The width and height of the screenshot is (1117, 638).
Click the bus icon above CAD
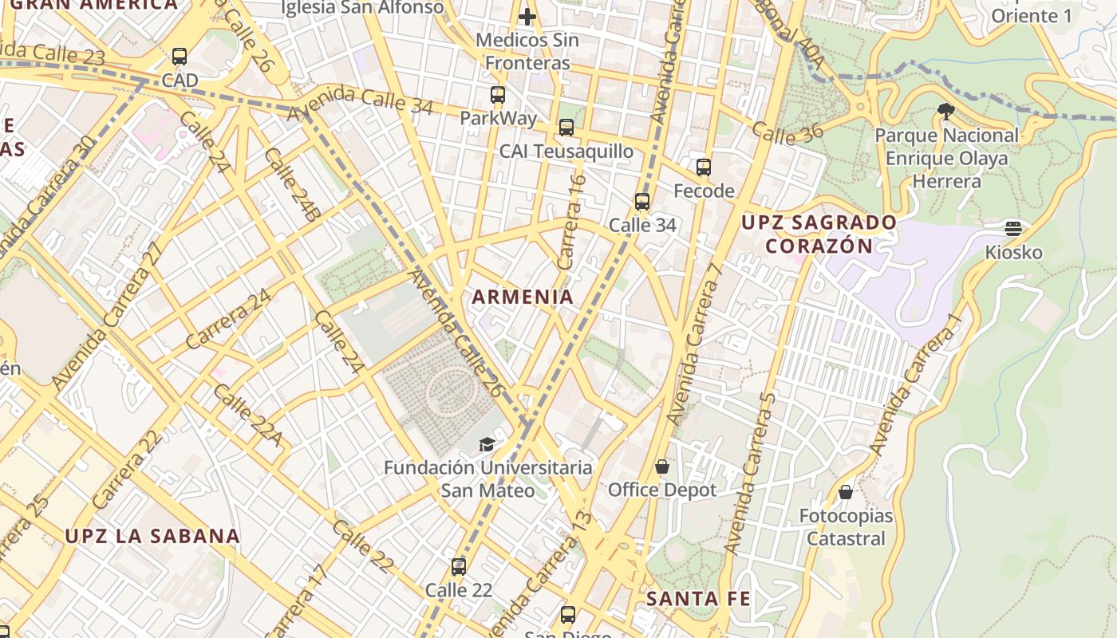180,57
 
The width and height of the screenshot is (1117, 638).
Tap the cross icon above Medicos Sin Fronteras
527,16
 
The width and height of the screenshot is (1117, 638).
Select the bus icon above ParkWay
498,95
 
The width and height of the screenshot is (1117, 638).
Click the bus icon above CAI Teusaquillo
566,128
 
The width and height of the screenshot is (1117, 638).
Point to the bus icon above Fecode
704,167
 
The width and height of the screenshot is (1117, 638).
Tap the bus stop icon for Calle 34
642,202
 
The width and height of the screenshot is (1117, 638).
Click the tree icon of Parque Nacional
946,112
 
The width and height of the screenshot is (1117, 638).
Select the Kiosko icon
1013,229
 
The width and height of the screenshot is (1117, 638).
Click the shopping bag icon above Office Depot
662,466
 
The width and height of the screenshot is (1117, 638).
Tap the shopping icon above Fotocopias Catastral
846,492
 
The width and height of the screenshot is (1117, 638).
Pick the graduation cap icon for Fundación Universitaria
487,444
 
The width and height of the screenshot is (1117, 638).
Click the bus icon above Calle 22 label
459,567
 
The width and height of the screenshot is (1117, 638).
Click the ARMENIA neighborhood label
523,297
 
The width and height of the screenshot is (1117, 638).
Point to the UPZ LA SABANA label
152,536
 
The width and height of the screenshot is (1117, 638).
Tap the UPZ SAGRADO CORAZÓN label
819,234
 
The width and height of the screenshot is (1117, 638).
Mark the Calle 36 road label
787,135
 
